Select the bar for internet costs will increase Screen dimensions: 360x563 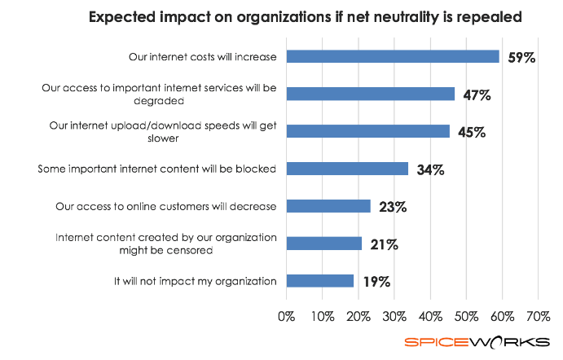click(x=393, y=56)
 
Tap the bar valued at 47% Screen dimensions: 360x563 click(x=371, y=94)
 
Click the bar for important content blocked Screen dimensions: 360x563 click(x=347, y=169)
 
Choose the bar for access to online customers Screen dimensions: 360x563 click(x=328, y=206)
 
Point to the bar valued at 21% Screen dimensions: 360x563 click(x=324, y=244)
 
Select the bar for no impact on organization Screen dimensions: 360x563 click(x=320, y=281)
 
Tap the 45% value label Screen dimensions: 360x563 click(x=470, y=133)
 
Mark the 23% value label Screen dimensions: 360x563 click(x=392, y=207)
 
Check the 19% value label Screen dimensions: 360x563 click(x=376, y=283)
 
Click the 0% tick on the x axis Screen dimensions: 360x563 click(x=287, y=315)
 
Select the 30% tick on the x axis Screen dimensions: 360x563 click(x=394, y=315)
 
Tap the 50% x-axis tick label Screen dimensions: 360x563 click(x=467, y=315)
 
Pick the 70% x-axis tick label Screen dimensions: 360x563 click(x=539, y=315)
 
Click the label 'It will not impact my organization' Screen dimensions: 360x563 click(x=196, y=281)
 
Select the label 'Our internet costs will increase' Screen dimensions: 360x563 click(x=203, y=56)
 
